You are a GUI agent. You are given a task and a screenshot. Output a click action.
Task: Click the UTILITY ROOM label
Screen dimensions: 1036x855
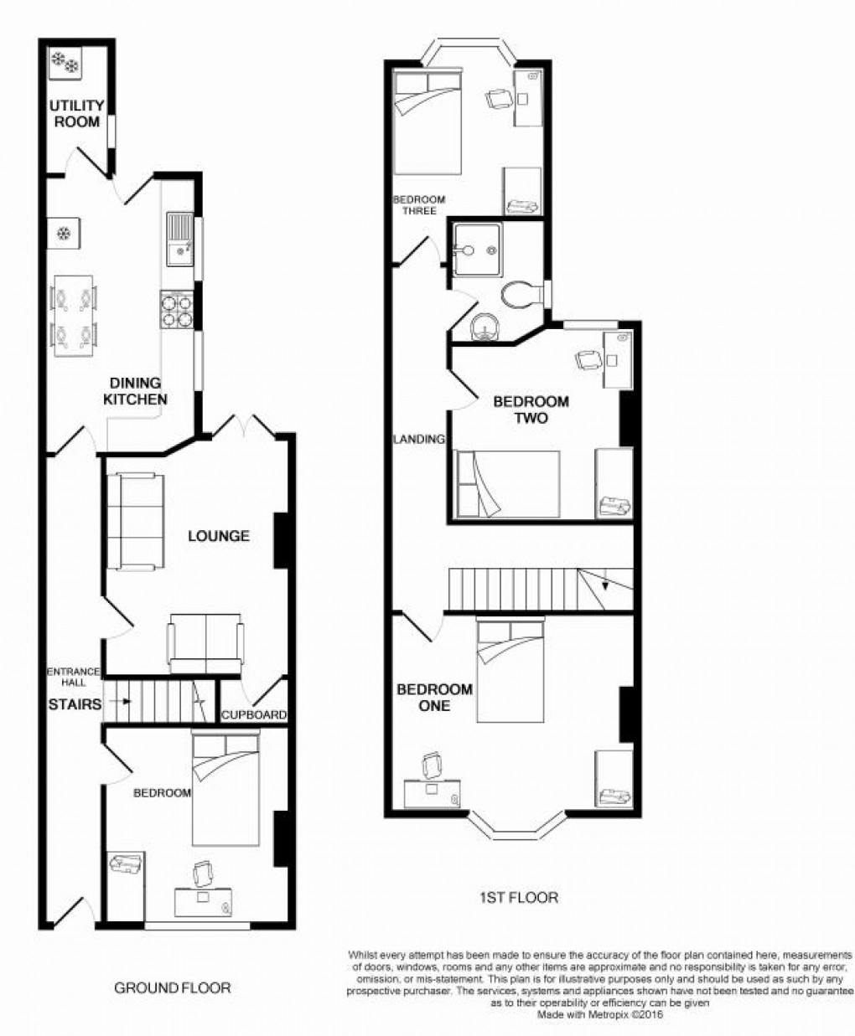pyautogui.click(x=76, y=113)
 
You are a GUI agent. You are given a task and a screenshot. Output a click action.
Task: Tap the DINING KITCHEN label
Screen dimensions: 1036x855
pyautogui.click(x=135, y=391)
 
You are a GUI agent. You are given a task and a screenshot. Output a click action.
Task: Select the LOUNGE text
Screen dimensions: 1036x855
pyautogui.click(x=218, y=536)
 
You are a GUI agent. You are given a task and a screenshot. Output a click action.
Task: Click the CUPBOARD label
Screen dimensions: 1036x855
pyautogui.click(x=254, y=715)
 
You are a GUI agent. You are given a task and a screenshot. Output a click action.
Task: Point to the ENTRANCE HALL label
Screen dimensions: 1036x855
pyautogui.click(x=73, y=677)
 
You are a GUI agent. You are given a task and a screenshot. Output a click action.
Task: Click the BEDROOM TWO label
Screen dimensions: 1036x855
pyautogui.click(x=531, y=410)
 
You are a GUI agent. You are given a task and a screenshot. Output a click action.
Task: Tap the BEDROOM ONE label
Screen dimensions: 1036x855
pyautogui.click(x=434, y=697)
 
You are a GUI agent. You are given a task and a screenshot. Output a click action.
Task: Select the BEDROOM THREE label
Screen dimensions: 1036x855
pyautogui.click(x=419, y=205)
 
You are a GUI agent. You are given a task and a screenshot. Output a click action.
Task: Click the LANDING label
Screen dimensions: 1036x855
pyautogui.click(x=419, y=438)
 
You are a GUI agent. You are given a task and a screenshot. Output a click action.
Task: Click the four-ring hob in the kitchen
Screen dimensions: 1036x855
pyautogui.click(x=178, y=309)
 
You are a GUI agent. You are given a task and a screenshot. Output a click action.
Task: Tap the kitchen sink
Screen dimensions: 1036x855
pyautogui.click(x=179, y=240)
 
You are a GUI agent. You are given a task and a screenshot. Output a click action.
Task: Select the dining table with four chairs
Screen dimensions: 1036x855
pyautogui.click(x=74, y=317)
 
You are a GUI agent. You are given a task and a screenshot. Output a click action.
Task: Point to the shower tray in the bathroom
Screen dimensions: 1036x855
pyautogui.click(x=474, y=250)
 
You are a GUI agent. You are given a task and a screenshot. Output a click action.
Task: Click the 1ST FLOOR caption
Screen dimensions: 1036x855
pyautogui.click(x=518, y=898)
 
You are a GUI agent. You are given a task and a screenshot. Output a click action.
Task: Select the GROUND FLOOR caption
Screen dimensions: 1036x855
pyautogui.click(x=172, y=987)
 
